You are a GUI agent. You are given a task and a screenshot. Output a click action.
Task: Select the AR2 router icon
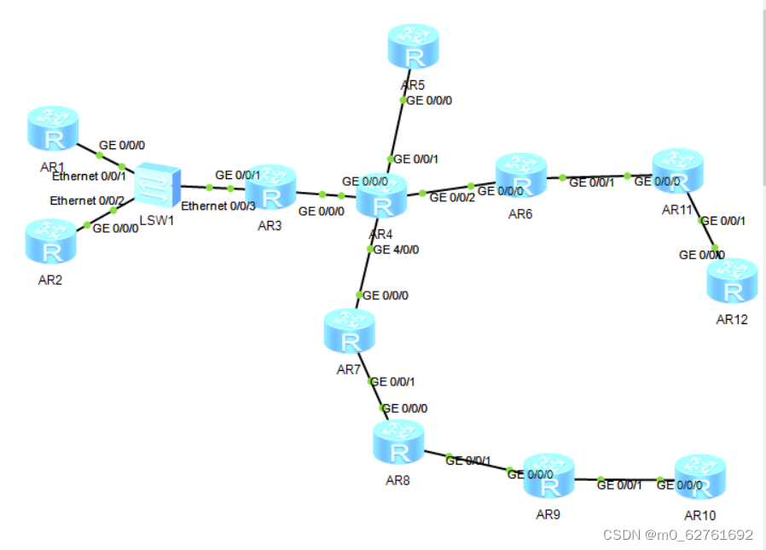click(51, 241)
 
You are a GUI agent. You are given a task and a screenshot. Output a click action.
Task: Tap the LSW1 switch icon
click(158, 184)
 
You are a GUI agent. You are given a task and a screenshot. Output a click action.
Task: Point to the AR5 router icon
click(414, 47)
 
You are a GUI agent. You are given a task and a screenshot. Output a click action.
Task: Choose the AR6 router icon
click(520, 176)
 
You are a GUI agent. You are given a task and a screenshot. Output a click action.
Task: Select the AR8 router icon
click(398, 442)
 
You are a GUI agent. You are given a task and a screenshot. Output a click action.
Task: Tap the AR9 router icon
click(548, 477)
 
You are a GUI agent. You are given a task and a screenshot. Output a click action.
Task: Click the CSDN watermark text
click(677, 535)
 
